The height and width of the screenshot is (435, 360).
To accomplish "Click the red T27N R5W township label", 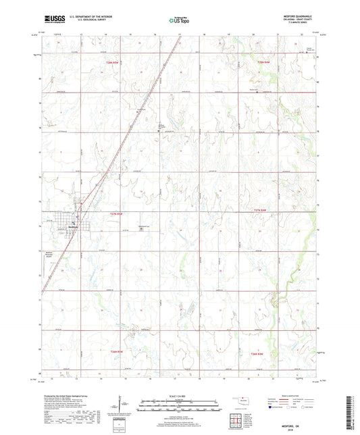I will click(x=116, y=213).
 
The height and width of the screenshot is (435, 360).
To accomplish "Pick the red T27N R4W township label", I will click(x=261, y=211).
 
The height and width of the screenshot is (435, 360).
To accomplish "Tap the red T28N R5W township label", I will click(x=114, y=62).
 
